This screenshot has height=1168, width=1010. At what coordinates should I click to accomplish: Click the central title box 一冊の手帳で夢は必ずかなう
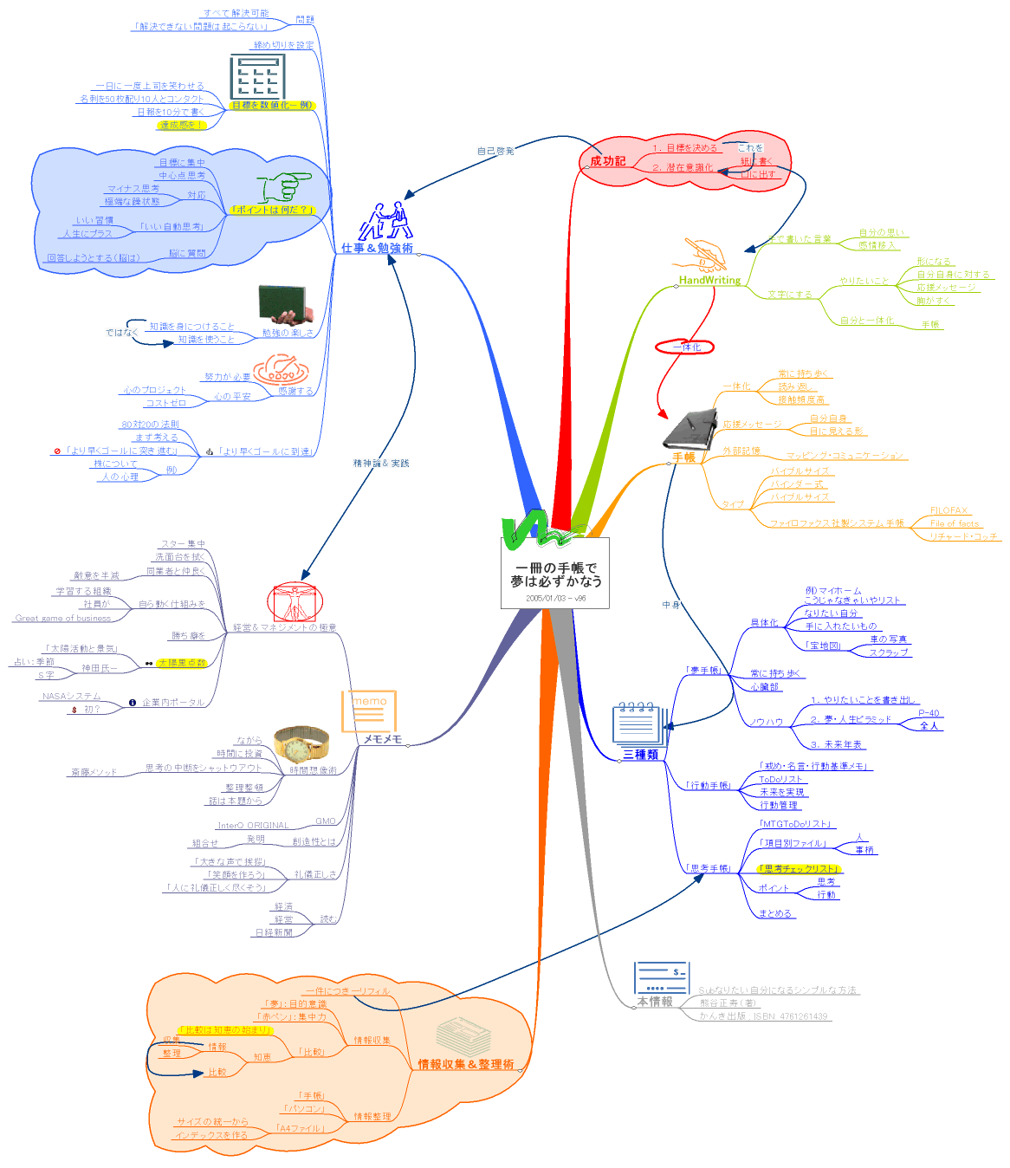pos(555,574)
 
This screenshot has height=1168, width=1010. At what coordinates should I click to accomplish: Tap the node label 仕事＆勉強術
pos(377,249)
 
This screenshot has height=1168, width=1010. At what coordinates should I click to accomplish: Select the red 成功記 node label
pos(607,161)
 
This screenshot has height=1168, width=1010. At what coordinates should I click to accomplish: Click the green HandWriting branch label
pos(709,280)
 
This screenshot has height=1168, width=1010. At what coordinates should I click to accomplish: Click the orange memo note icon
pos(369,711)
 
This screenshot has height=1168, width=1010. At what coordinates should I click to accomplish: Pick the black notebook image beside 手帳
pos(690,428)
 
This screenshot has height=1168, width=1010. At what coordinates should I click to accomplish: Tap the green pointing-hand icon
pos(284,186)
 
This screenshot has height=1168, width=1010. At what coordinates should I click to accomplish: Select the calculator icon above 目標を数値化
pos(257,76)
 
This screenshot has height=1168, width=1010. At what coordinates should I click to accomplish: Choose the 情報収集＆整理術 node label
pos(466,1064)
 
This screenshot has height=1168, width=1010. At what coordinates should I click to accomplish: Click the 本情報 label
pos(655,1002)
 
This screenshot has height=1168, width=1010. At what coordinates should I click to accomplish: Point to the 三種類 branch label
pos(641,755)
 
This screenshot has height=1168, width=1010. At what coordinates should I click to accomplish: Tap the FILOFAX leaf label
pos(948,510)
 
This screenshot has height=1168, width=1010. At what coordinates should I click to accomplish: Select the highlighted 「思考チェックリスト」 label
pos(799,868)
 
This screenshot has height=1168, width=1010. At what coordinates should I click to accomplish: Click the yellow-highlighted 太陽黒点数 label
pos(182,663)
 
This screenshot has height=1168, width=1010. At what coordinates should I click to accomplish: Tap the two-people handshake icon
pos(385,221)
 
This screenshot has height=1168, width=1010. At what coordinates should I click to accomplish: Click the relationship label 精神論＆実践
pos(381,464)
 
